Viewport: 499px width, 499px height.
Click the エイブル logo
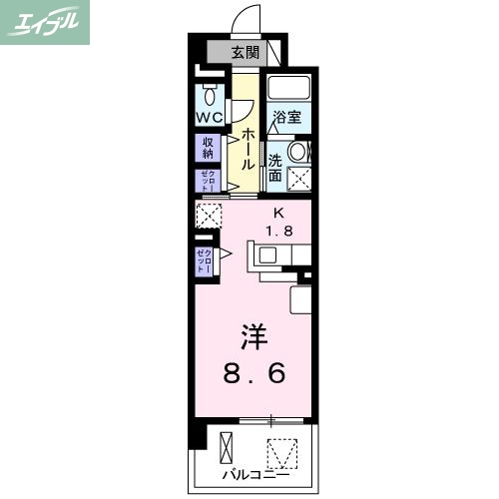46,22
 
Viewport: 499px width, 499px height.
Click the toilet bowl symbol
210,98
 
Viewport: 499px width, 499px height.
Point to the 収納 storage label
209,148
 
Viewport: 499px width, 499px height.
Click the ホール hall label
247,149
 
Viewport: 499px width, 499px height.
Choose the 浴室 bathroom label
288,116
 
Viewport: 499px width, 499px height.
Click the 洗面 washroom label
275,167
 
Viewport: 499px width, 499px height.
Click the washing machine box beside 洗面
299,179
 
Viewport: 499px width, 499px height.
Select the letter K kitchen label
279,213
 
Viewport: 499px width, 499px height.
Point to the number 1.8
278,232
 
